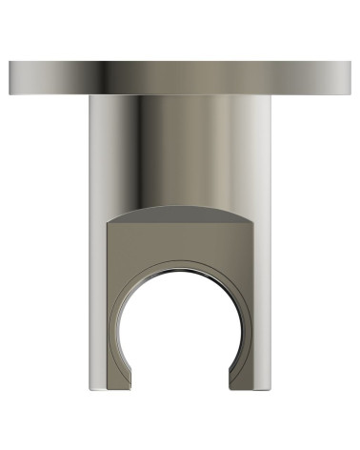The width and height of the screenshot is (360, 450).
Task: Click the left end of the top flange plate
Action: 11,77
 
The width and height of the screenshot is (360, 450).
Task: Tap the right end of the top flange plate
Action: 349,77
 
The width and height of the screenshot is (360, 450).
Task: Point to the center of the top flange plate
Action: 180,77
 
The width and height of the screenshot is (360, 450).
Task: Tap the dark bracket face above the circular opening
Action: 180,238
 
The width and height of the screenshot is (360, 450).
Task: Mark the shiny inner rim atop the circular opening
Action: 180,272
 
